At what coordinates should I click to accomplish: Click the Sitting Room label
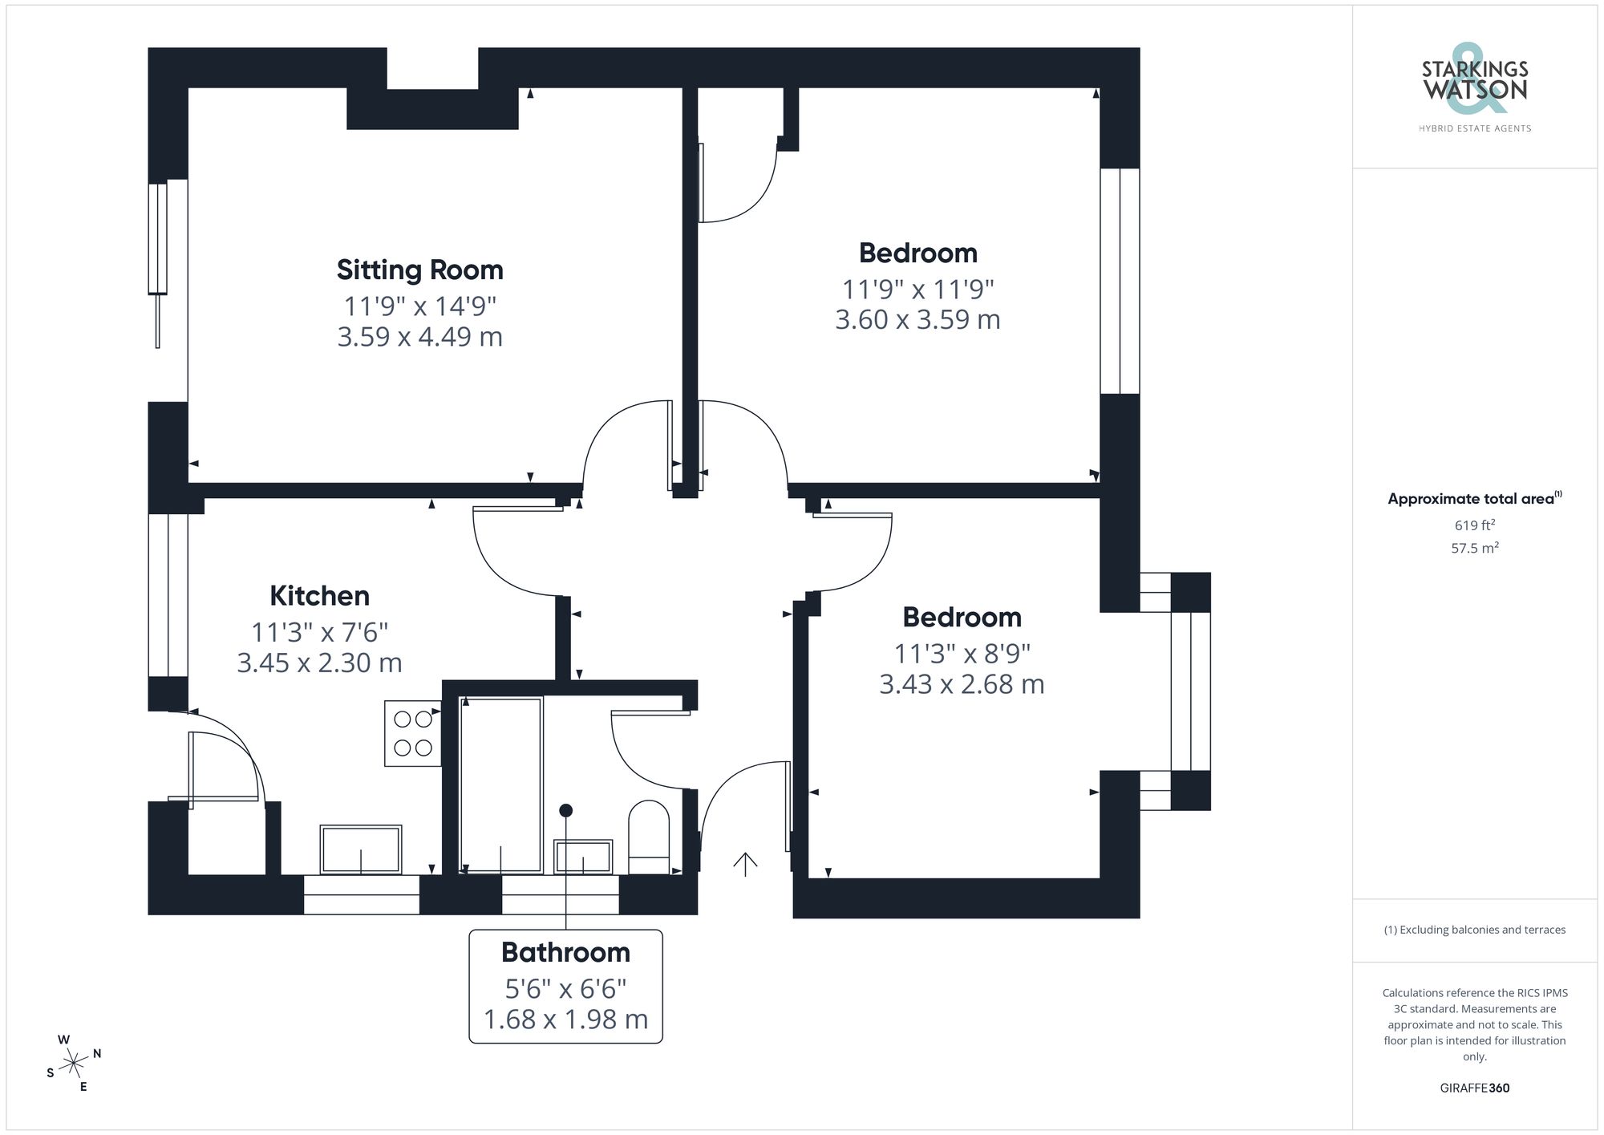tap(419, 270)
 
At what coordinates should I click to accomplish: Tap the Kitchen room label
tap(319, 596)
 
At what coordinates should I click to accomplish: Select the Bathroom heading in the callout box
tap(565, 952)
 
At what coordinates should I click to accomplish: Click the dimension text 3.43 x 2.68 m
tap(962, 684)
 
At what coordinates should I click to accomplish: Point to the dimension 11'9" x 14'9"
tap(419, 306)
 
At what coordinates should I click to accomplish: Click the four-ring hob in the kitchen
tap(413, 733)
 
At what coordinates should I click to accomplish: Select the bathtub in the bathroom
tap(500, 784)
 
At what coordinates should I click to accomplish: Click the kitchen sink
tap(361, 849)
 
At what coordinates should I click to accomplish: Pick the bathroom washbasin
tap(583, 857)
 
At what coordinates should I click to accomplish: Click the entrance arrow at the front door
tap(745, 864)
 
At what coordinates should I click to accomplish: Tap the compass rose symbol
tap(74, 1064)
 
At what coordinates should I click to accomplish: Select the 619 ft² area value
tap(1474, 525)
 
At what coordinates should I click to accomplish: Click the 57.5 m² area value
tap(1474, 549)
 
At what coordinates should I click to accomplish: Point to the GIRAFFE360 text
tap(1474, 1088)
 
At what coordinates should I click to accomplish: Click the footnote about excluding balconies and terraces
tap(1474, 930)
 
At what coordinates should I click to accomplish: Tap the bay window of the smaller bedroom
tap(1190, 691)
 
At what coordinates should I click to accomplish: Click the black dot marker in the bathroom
tap(566, 810)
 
